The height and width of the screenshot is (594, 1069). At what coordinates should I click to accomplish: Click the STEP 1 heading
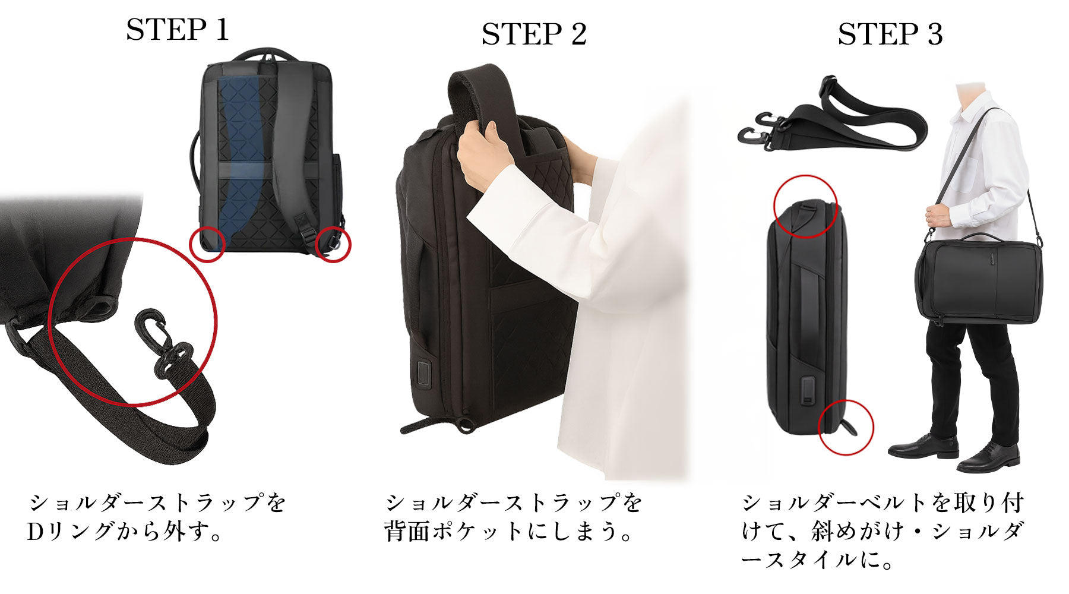click(x=178, y=30)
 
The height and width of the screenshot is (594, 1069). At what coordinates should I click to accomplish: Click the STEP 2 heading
click(x=534, y=34)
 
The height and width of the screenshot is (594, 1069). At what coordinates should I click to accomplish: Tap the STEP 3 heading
click(x=890, y=34)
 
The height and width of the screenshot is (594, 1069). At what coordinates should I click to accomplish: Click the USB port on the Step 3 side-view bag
click(x=808, y=390)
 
